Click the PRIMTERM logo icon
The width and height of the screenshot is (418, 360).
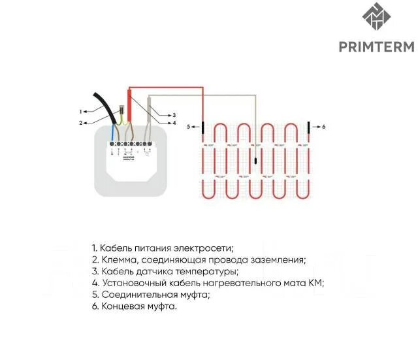(375, 20)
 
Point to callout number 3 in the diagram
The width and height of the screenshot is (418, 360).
(174, 114)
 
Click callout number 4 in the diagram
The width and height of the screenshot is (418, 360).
(174, 123)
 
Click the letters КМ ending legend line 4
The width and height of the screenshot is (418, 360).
(317, 283)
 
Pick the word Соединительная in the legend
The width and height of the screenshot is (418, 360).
(135, 295)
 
